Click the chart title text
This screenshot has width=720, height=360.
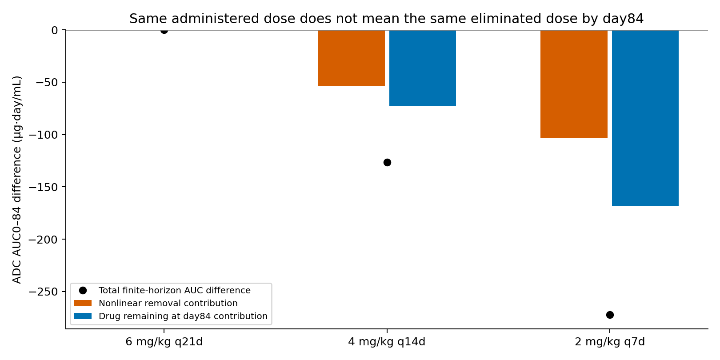(386, 19)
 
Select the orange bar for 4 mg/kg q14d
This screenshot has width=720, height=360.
(351, 58)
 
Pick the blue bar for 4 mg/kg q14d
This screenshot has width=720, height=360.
(423, 68)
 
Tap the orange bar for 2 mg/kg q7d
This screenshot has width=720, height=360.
(574, 84)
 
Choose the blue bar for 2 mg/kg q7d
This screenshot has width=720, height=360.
(645, 118)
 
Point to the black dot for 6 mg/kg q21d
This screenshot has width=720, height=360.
(164, 30)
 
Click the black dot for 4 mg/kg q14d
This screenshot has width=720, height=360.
(387, 162)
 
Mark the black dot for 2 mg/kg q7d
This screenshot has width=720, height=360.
(610, 315)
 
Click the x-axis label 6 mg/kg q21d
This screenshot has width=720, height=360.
(164, 342)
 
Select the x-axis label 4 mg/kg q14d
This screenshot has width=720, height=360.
(387, 342)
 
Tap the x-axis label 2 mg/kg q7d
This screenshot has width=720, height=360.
(610, 342)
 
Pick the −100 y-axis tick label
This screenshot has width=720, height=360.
(44, 135)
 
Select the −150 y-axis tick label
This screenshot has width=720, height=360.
(44, 187)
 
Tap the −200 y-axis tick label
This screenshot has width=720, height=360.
(44, 240)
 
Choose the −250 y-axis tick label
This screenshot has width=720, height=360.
(44, 292)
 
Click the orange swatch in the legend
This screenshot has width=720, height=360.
(83, 303)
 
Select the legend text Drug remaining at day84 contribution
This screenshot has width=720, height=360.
(183, 316)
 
